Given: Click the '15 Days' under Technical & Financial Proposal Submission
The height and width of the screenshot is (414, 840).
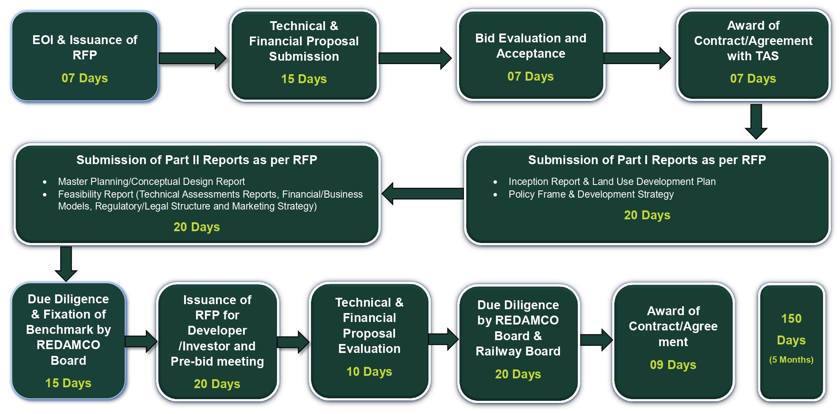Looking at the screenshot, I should (304, 79).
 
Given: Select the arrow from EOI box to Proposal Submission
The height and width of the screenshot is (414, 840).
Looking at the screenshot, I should (192, 58).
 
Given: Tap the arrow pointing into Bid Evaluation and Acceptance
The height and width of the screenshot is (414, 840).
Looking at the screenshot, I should (414, 58).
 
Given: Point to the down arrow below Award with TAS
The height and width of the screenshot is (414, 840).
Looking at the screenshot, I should (756, 121).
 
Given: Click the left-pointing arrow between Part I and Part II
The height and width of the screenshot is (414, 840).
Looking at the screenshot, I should (423, 193).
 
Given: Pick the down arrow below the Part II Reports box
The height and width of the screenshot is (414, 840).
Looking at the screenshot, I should (66, 263).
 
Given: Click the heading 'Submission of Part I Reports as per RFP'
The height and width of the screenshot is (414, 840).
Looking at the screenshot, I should (647, 160).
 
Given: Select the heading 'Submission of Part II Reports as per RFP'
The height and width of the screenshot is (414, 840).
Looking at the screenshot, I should (196, 160).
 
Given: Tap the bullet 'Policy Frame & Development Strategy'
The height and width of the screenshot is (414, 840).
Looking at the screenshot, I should (591, 194).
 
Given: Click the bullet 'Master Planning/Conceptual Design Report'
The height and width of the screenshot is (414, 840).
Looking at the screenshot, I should (151, 182).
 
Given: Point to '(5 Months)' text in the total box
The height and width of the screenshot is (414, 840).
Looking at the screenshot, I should (791, 360).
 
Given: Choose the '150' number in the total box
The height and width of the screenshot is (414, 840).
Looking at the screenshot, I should (791, 319).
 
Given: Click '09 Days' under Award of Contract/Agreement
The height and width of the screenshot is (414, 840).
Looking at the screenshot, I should (673, 365).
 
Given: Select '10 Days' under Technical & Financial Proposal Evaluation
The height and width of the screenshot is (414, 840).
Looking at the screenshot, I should (369, 372).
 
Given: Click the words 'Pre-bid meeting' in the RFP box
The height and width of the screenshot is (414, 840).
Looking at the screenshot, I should (217, 361).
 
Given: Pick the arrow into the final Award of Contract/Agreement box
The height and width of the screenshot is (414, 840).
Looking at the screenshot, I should (596, 340).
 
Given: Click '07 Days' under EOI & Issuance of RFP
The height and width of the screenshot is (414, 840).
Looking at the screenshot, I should (84, 78).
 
